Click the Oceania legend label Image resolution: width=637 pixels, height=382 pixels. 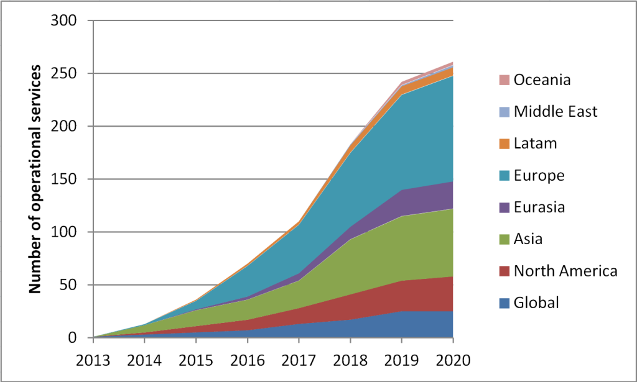[542, 80]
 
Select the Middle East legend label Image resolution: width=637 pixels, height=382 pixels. [556, 112]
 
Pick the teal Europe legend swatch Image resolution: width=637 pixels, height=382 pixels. [504, 176]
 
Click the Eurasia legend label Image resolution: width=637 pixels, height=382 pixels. [539, 207]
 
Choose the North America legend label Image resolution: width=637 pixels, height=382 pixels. [565, 271]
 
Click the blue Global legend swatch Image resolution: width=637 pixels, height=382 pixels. [504, 303]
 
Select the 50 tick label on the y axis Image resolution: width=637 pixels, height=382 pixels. [70, 285]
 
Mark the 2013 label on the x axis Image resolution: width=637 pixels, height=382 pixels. [93, 360]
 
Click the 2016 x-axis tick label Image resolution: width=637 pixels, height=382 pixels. [247, 360]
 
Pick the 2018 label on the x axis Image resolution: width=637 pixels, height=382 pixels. [350, 360]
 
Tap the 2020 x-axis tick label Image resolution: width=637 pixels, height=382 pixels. [452, 360]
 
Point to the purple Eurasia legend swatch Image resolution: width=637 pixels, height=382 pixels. [504, 207]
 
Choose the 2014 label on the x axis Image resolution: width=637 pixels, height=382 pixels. [144, 360]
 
